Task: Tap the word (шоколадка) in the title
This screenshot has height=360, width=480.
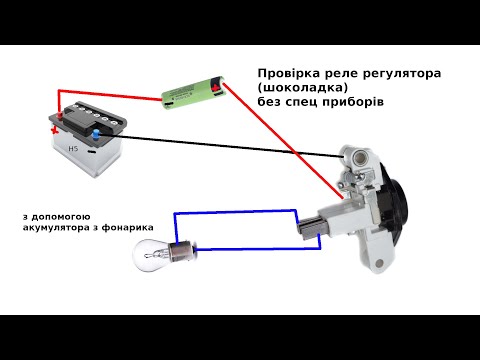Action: (x=302, y=87)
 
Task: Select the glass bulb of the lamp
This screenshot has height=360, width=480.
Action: (x=152, y=255)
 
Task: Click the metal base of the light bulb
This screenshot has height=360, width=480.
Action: (x=182, y=253)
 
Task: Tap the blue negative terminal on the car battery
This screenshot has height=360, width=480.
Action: (x=96, y=134)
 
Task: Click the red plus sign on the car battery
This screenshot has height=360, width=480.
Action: (x=54, y=130)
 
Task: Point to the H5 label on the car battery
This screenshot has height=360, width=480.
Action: (x=73, y=148)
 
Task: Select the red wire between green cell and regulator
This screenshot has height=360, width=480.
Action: (x=283, y=141)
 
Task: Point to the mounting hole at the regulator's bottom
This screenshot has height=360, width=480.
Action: (x=380, y=263)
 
